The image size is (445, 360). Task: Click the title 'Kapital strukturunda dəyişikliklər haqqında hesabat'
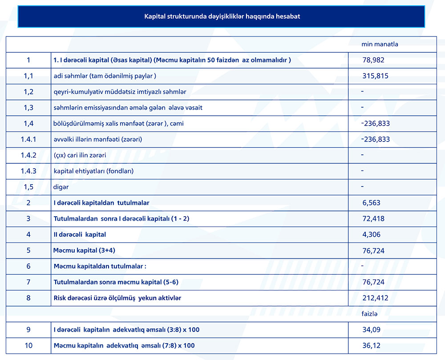click(x=222, y=16)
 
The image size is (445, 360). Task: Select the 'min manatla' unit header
click(x=380, y=44)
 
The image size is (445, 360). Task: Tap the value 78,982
click(x=373, y=60)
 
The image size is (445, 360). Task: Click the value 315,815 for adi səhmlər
click(x=375, y=76)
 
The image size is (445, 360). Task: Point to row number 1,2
click(x=28, y=92)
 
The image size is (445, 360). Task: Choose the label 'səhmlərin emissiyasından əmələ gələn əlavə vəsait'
click(x=128, y=108)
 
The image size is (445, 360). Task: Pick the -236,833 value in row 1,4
click(x=376, y=123)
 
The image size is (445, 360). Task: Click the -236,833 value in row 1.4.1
click(x=376, y=139)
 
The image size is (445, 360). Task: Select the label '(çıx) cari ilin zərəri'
click(x=80, y=155)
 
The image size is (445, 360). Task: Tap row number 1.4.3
click(x=28, y=171)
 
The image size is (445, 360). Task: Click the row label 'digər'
click(x=61, y=187)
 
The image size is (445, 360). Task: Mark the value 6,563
click(x=371, y=203)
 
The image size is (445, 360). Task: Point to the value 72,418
click(x=373, y=218)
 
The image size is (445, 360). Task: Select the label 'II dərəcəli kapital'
click(x=80, y=234)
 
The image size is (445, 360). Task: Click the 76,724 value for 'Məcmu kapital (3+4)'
click(x=373, y=251)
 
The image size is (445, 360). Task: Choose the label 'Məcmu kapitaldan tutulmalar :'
click(x=100, y=266)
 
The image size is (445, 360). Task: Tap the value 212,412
click(x=375, y=298)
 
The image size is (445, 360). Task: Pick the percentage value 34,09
click(x=371, y=330)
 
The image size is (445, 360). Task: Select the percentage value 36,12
click(x=371, y=345)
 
